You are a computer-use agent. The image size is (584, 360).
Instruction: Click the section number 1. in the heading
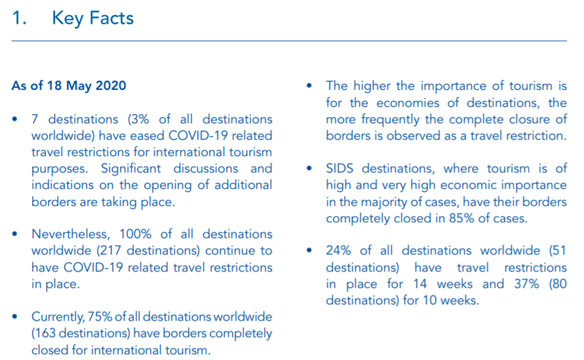[19, 18]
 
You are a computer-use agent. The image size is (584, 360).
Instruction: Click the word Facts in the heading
[111, 18]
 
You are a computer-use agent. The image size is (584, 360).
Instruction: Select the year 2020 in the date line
[111, 85]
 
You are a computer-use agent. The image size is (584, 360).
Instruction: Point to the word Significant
[130, 169]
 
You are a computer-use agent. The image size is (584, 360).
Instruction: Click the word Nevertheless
[70, 234]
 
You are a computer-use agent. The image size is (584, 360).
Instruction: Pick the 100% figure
[135, 234]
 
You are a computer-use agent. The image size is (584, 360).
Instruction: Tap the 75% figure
[100, 317]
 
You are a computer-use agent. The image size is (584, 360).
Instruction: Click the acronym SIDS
[340, 169]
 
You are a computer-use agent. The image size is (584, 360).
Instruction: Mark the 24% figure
[338, 250]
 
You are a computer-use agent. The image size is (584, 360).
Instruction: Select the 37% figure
[526, 284]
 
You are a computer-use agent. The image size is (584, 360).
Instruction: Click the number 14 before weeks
[420, 284]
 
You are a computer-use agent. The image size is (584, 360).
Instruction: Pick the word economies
[408, 102]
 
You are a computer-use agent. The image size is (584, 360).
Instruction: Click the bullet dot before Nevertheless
[15, 234]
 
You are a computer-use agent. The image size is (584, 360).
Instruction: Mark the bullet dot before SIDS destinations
[309, 169]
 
